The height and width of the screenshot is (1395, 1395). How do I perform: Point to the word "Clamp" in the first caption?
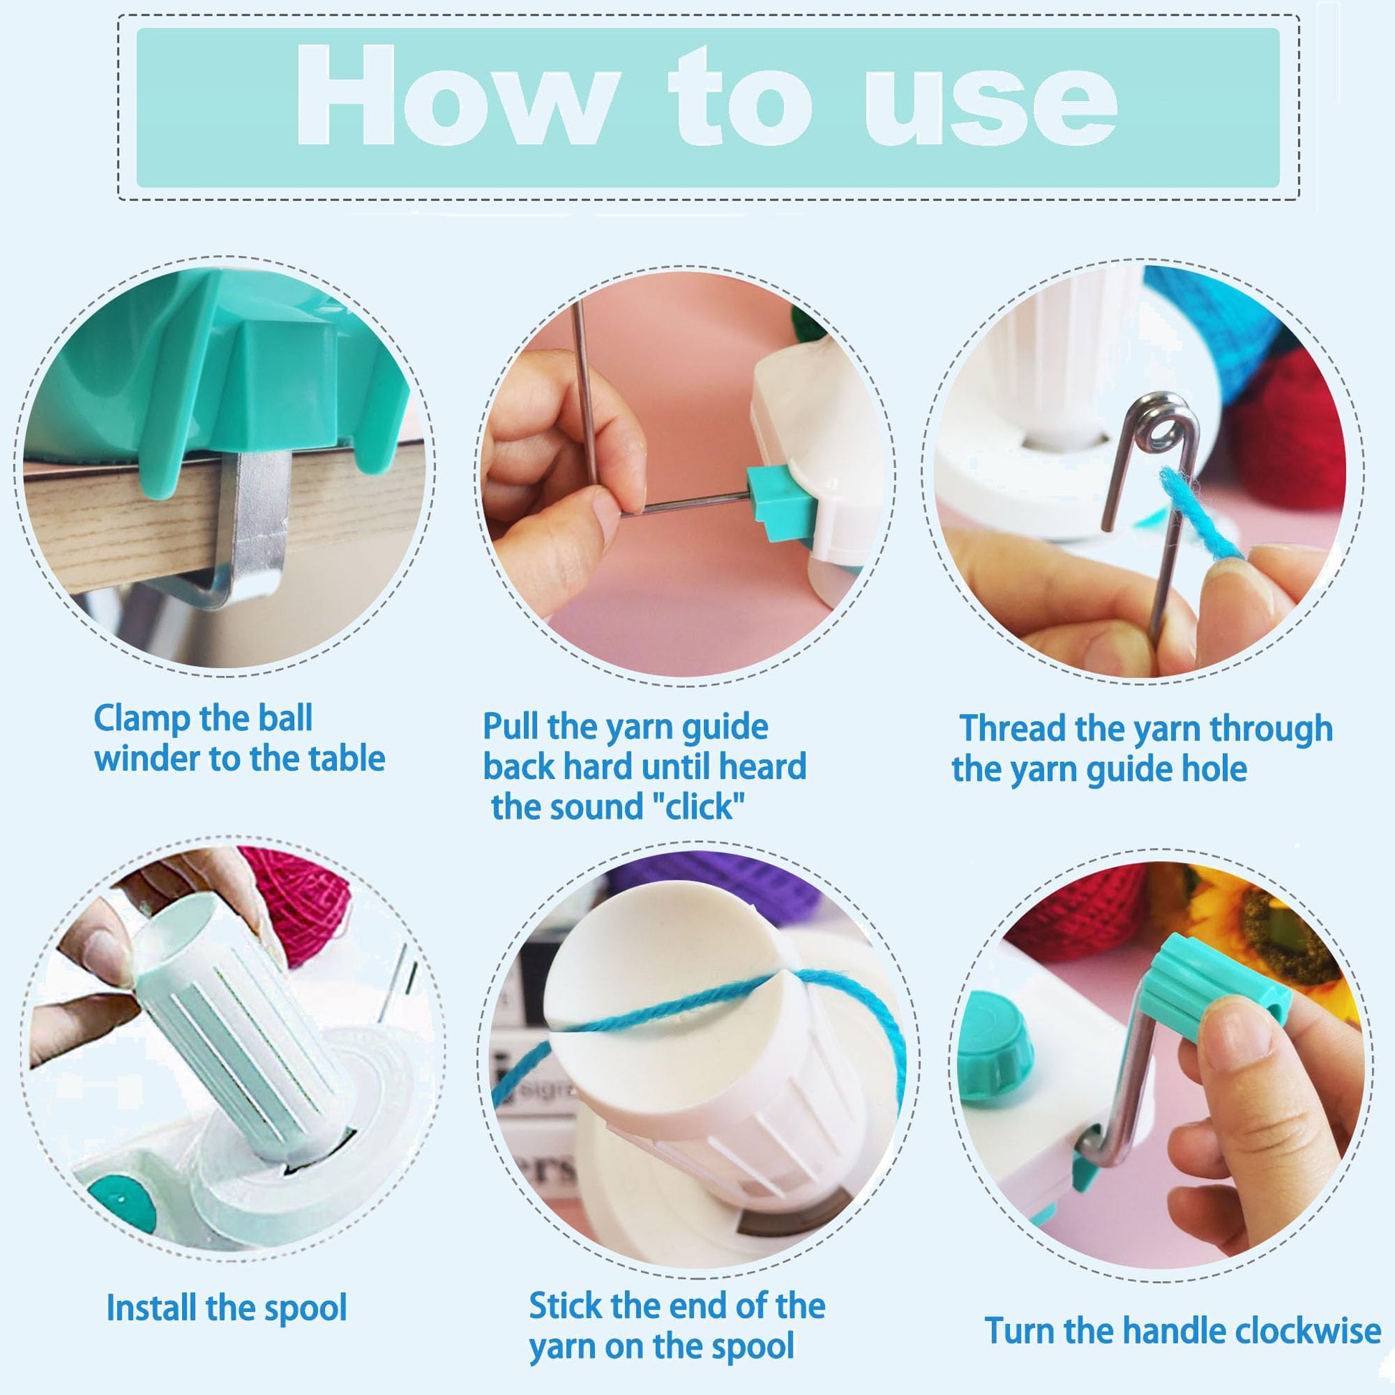[141, 718]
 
